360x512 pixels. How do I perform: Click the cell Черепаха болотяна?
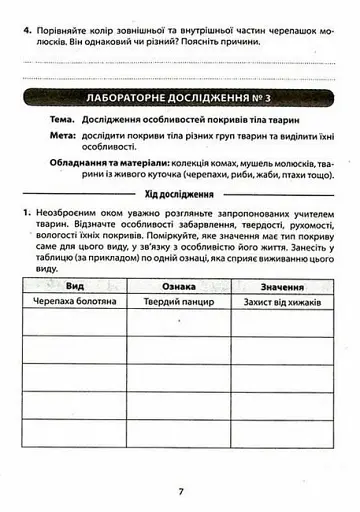point(74,300)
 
